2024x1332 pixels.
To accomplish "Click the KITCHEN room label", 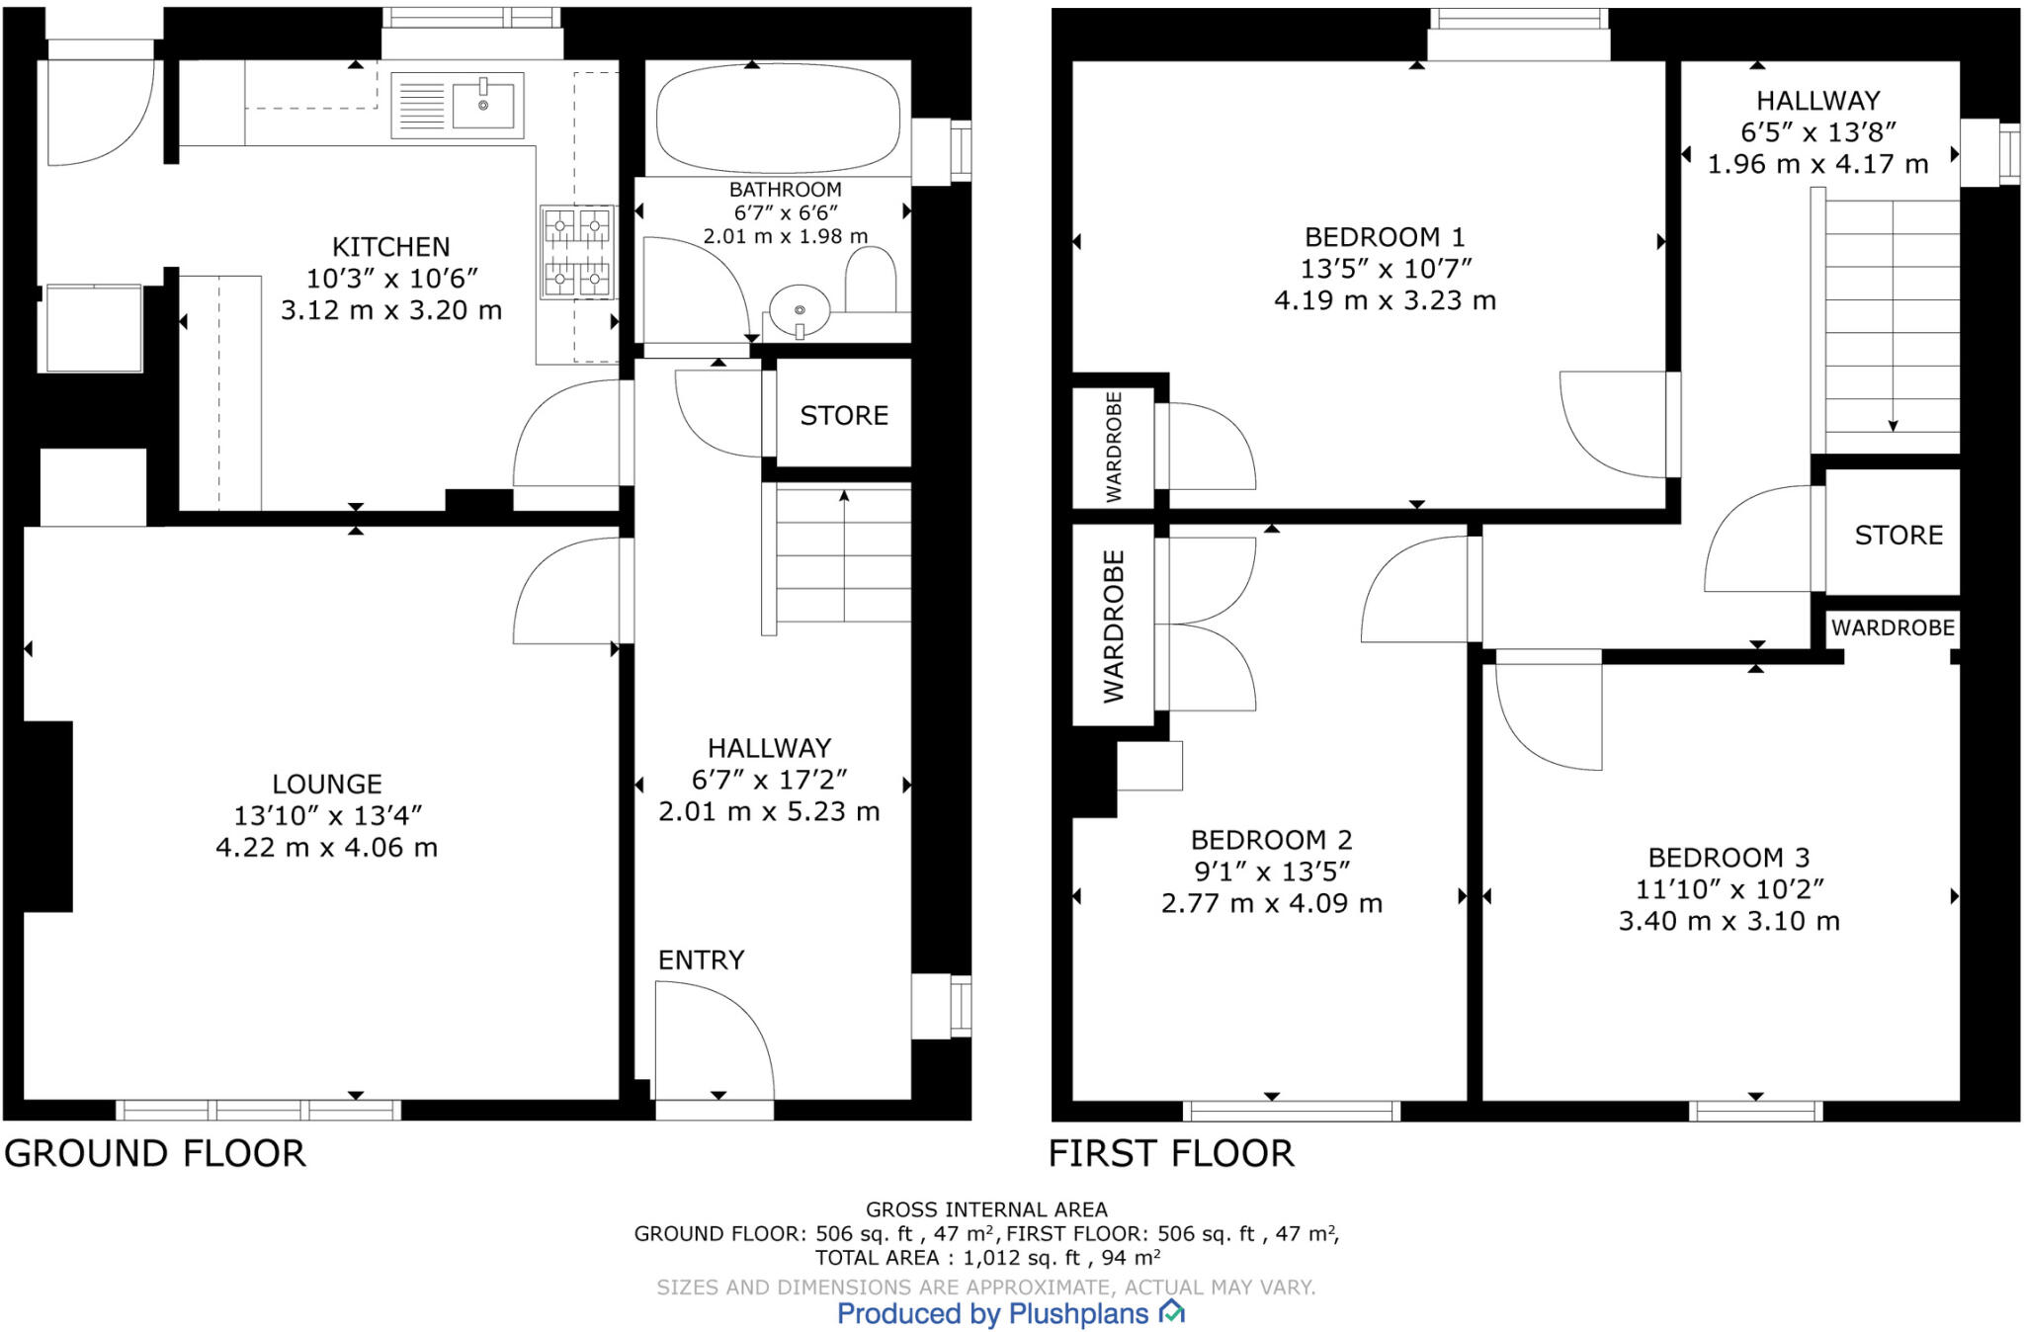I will coord(390,247).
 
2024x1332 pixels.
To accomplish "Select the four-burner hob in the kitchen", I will coord(576,253).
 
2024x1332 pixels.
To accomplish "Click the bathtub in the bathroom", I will coord(778,118).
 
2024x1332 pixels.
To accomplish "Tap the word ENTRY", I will coord(701,960).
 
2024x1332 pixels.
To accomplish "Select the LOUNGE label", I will coord(327,785).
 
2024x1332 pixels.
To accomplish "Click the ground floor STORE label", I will coord(843,416).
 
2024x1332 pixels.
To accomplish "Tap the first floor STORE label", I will coord(1897,536).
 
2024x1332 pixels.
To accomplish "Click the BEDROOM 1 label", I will coord(1384,237).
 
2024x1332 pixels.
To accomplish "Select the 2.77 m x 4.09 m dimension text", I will coord(1271,904).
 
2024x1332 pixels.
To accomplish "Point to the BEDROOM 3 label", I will coord(1728,858).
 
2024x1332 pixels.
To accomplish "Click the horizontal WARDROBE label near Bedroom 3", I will coord(1892,628).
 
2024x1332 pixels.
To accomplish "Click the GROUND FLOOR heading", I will coord(155,1154).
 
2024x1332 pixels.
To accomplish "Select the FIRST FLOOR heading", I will coord(1170,1154).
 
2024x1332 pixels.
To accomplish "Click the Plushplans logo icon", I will coord(1171,1312).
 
